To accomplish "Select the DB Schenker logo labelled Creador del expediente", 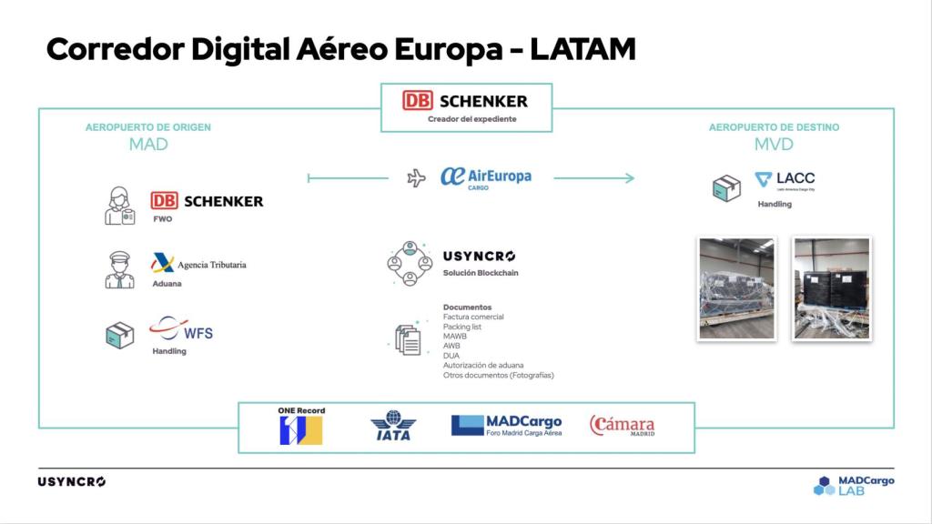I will tap(465, 101).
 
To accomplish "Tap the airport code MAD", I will tap(147, 144).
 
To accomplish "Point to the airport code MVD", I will tap(774, 144).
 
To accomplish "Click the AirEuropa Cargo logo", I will tap(485, 177).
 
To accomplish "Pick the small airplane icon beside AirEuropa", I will tap(417, 178).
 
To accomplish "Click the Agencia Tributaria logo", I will tap(198, 264).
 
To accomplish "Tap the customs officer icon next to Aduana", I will tap(119, 270).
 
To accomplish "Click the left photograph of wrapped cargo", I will tap(736, 288).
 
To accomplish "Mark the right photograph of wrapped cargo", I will tap(831, 288).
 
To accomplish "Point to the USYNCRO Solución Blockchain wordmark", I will tap(480, 257).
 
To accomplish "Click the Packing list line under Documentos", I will tap(462, 327).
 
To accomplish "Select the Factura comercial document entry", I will tap(473, 317).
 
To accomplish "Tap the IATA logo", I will tap(393, 426).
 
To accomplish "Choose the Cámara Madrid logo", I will tap(623, 426).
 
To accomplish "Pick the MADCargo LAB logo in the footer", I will tap(854, 485).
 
